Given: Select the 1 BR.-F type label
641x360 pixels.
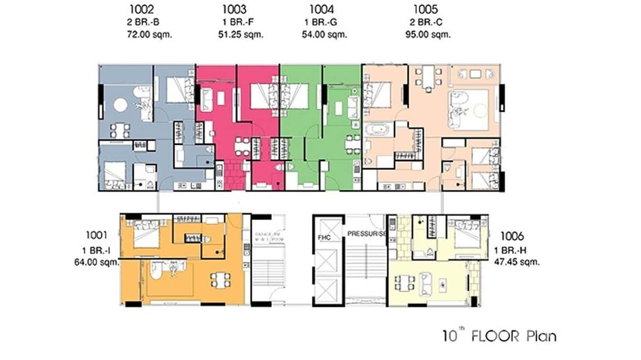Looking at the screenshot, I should coord(235,22).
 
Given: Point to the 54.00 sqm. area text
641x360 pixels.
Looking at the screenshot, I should coord(324,34).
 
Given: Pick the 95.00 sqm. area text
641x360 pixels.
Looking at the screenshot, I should coord(428,34).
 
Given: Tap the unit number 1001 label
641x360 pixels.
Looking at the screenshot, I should coord(96,234).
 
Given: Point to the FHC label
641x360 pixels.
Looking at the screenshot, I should coord(325,237).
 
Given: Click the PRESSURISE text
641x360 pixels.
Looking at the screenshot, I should coord(366,234).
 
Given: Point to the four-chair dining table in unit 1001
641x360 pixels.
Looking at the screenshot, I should coord(221,280).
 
